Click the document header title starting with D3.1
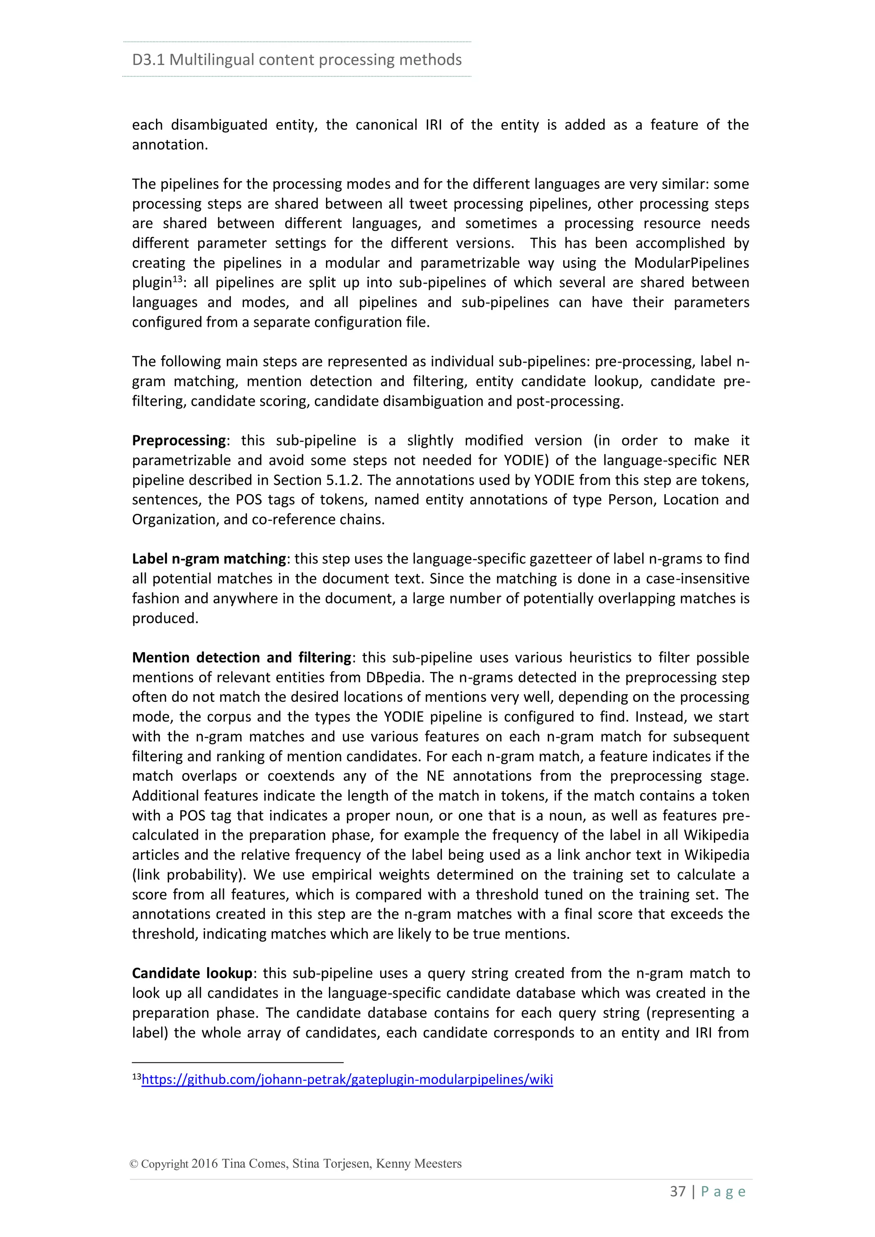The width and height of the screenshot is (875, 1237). pyautogui.click(x=297, y=60)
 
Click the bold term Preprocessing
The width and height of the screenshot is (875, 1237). pyautogui.click(x=179, y=441)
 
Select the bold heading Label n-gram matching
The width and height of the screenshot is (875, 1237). pyautogui.click(x=209, y=559)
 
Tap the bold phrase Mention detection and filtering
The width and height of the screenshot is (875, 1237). pyautogui.click(x=242, y=658)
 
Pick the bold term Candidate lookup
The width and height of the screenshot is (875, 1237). pyautogui.click(x=192, y=973)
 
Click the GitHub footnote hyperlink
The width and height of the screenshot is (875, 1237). pyautogui.click(x=347, y=1080)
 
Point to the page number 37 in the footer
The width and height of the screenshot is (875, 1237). pyautogui.click(x=677, y=1192)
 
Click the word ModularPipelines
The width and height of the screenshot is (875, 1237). pyautogui.click(x=691, y=263)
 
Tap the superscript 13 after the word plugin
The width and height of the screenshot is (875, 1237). pyautogui.click(x=177, y=279)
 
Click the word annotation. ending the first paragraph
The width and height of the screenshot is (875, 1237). pyautogui.click(x=170, y=145)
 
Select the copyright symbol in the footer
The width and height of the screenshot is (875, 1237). pyautogui.click(x=134, y=1164)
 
